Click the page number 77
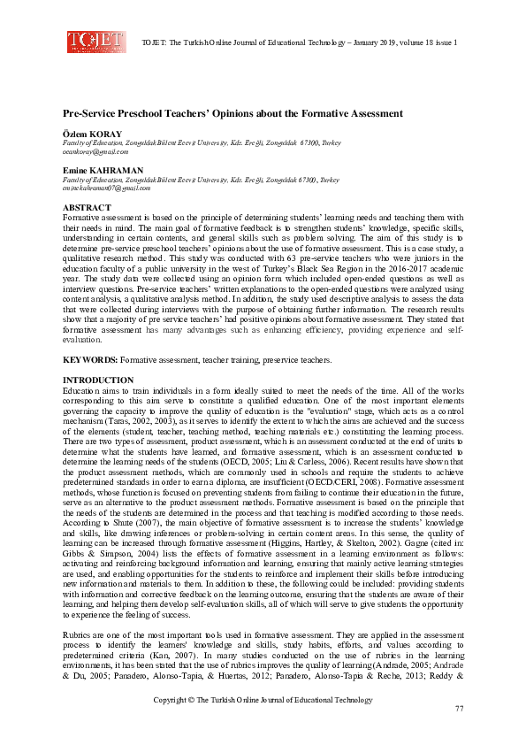coord(459,710)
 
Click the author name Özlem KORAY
coord(88,133)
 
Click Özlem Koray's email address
coord(91,150)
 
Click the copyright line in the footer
coord(263,700)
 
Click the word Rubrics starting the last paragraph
coord(76,634)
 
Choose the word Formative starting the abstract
coord(81,218)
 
